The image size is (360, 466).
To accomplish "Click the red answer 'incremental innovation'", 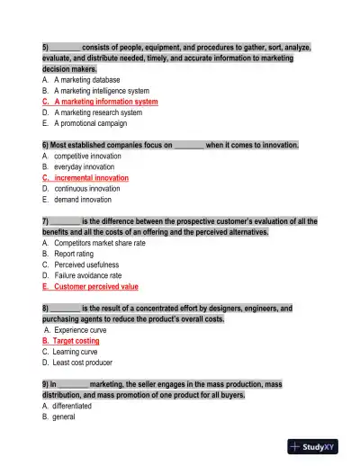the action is [91, 178].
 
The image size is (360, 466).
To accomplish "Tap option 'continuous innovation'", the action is [86, 189].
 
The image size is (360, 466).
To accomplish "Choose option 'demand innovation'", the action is [84, 200].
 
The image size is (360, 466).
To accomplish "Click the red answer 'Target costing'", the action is [76, 341].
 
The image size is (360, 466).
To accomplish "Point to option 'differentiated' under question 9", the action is [77, 406].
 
